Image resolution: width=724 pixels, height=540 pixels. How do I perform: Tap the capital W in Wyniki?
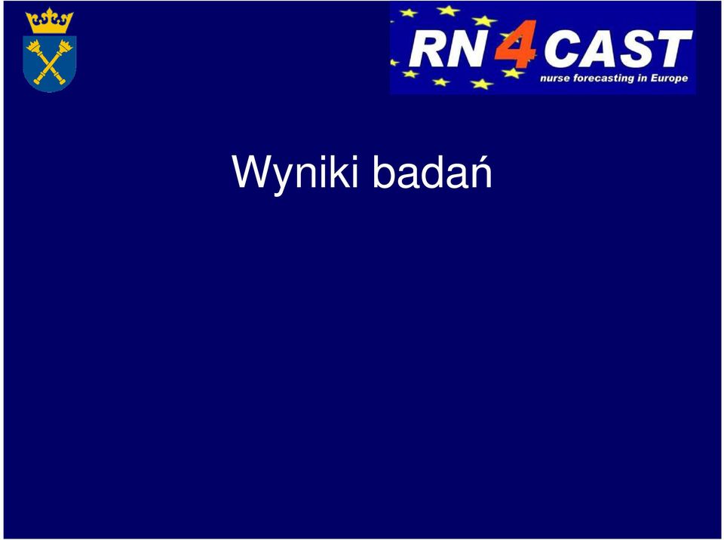pos(253,171)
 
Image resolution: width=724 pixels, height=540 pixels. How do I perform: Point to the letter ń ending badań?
pos(480,170)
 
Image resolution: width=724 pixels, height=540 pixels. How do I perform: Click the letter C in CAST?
pos(563,48)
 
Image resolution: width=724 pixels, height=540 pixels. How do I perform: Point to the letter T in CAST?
pos(674,48)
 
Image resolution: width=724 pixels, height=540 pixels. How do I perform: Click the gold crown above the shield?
pos(50,21)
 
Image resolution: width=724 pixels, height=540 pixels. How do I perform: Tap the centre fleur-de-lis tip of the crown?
pos(50,10)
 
